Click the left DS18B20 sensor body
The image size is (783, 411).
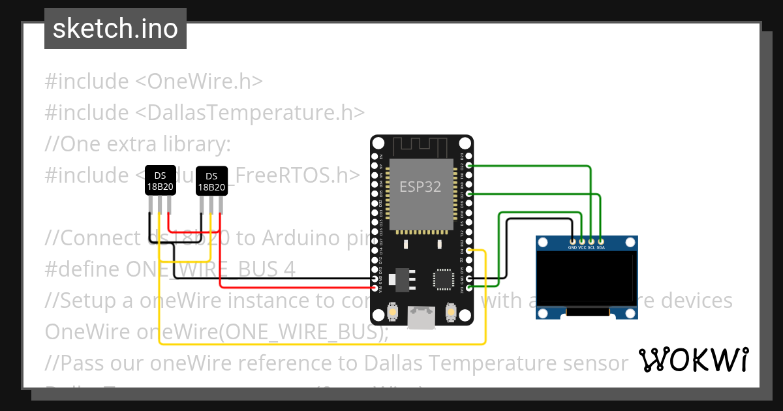point(160,180)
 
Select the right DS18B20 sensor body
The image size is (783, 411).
point(211,181)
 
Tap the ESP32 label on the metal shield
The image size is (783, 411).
point(420,187)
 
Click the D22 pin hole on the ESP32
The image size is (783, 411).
point(470,166)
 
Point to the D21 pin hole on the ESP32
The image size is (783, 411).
point(470,194)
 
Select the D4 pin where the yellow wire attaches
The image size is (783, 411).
point(470,251)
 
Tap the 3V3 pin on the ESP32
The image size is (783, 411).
point(470,288)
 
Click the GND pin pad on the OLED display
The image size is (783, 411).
point(572,241)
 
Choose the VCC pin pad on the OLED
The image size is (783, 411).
point(582,241)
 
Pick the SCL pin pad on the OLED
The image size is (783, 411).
point(591,241)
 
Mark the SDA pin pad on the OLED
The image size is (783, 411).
point(600,241)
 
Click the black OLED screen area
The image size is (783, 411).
point(586,278)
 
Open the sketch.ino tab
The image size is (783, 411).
point(115,29)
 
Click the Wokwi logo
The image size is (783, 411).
point(692,359)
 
